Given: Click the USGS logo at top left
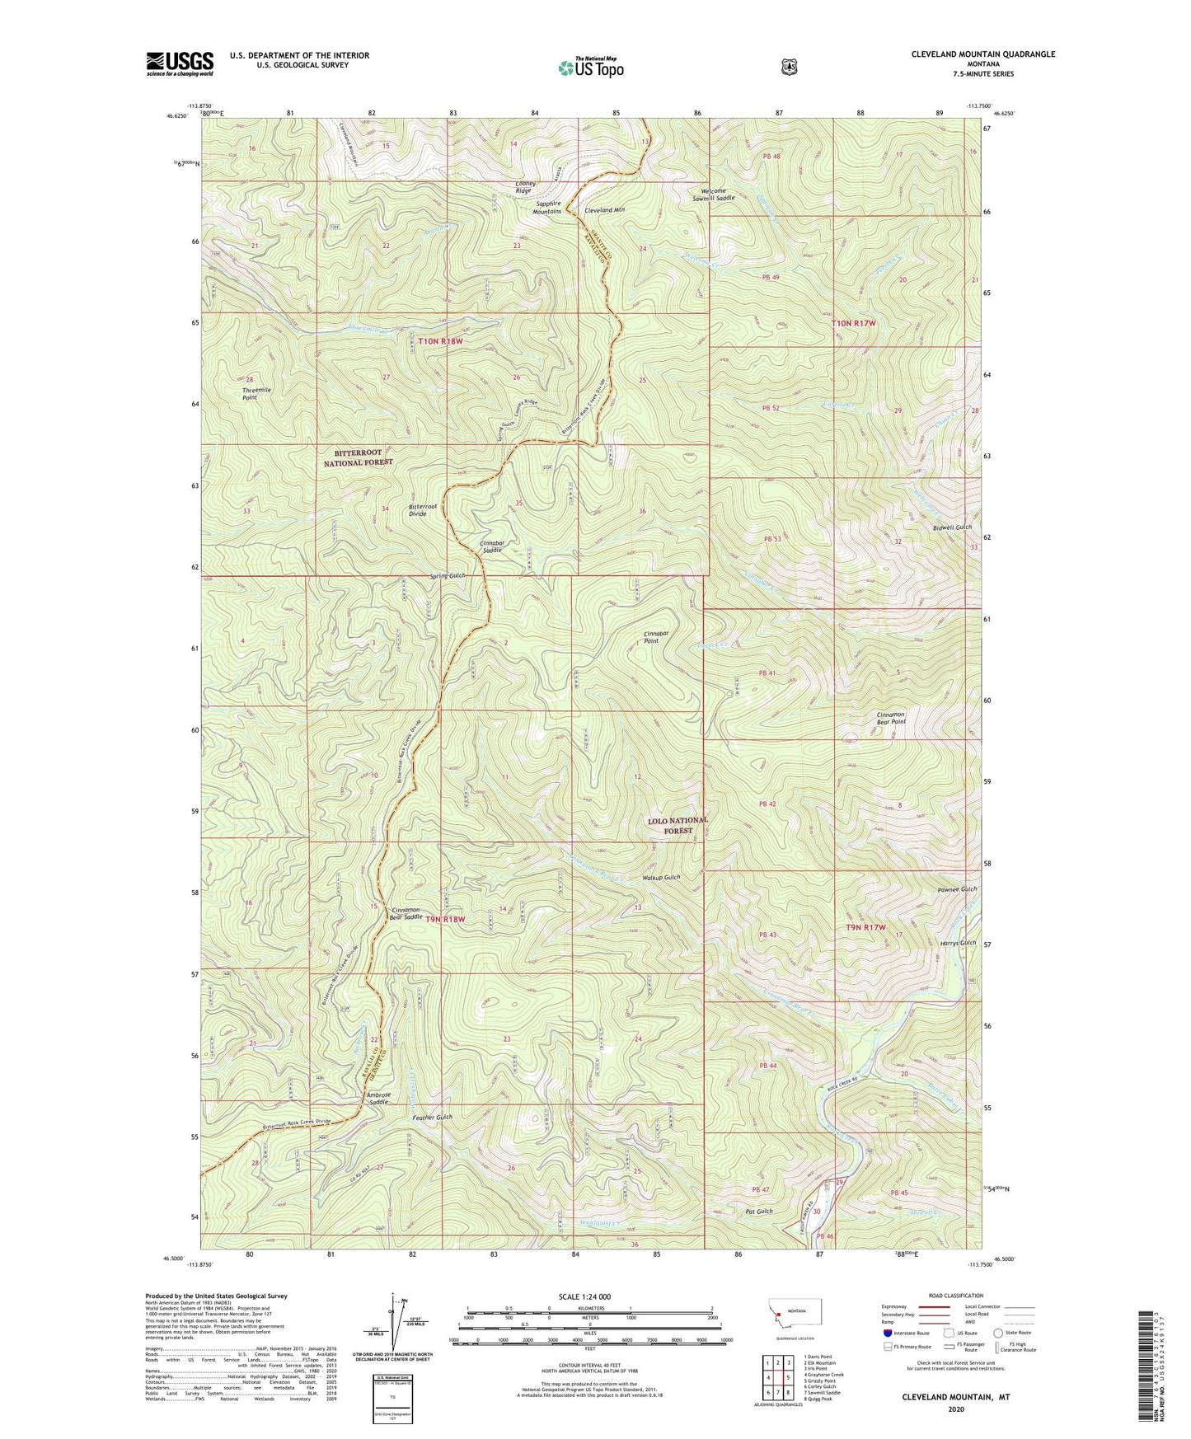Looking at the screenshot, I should (x=180, y=63).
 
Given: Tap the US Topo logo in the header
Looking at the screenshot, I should (x=589, y=68).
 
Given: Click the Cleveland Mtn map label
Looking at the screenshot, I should (x=604, y=210).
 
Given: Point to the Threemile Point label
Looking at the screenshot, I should (x=256, y=393).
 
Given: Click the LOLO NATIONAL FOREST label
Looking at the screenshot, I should (x=678, y=825).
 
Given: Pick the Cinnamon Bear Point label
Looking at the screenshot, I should (x=890, y=718).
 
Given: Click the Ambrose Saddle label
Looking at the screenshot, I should (x=378, y=1098).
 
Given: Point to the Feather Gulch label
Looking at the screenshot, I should (x=432, y=1117).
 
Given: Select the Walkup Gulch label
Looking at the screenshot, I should (x=661, y=878).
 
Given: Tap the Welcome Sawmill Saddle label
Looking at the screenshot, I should (x=712, y=195).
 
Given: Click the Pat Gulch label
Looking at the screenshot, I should (x=758, y=1211).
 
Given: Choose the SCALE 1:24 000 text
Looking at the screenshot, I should (x=584, y=1296).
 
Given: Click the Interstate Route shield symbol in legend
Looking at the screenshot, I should (x=887, y=1333).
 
